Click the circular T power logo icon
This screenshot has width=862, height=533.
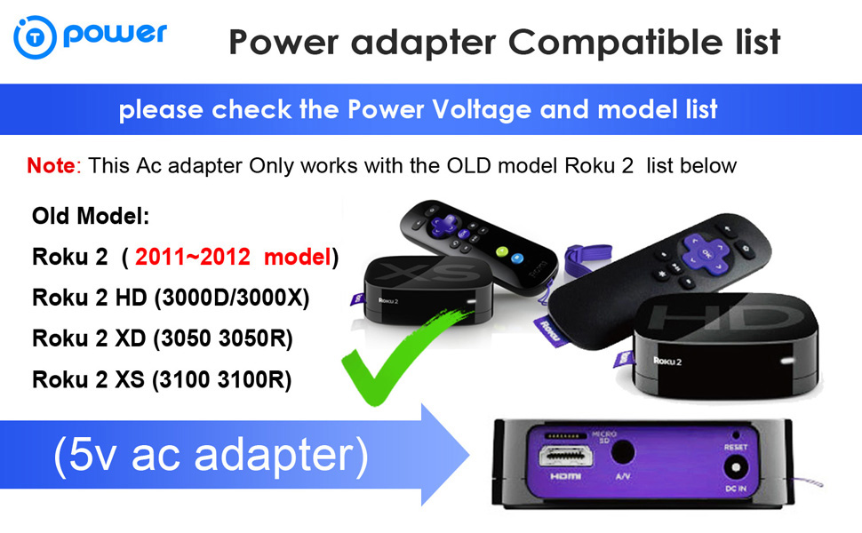(35, 38)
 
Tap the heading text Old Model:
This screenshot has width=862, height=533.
(90, 216)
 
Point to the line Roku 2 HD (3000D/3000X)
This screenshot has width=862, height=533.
(171, 298)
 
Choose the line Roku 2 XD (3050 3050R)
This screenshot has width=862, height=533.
(163, 339)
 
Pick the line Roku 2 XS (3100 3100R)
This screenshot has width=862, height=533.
(163, 380)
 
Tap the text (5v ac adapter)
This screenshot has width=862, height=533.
(211, 454)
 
